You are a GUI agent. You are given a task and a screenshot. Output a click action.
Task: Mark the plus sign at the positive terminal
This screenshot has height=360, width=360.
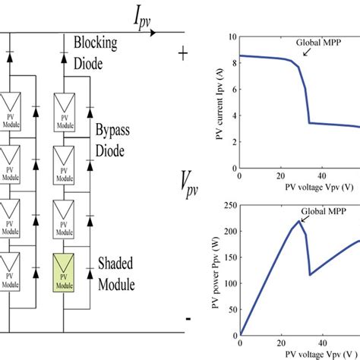pos(183,54)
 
